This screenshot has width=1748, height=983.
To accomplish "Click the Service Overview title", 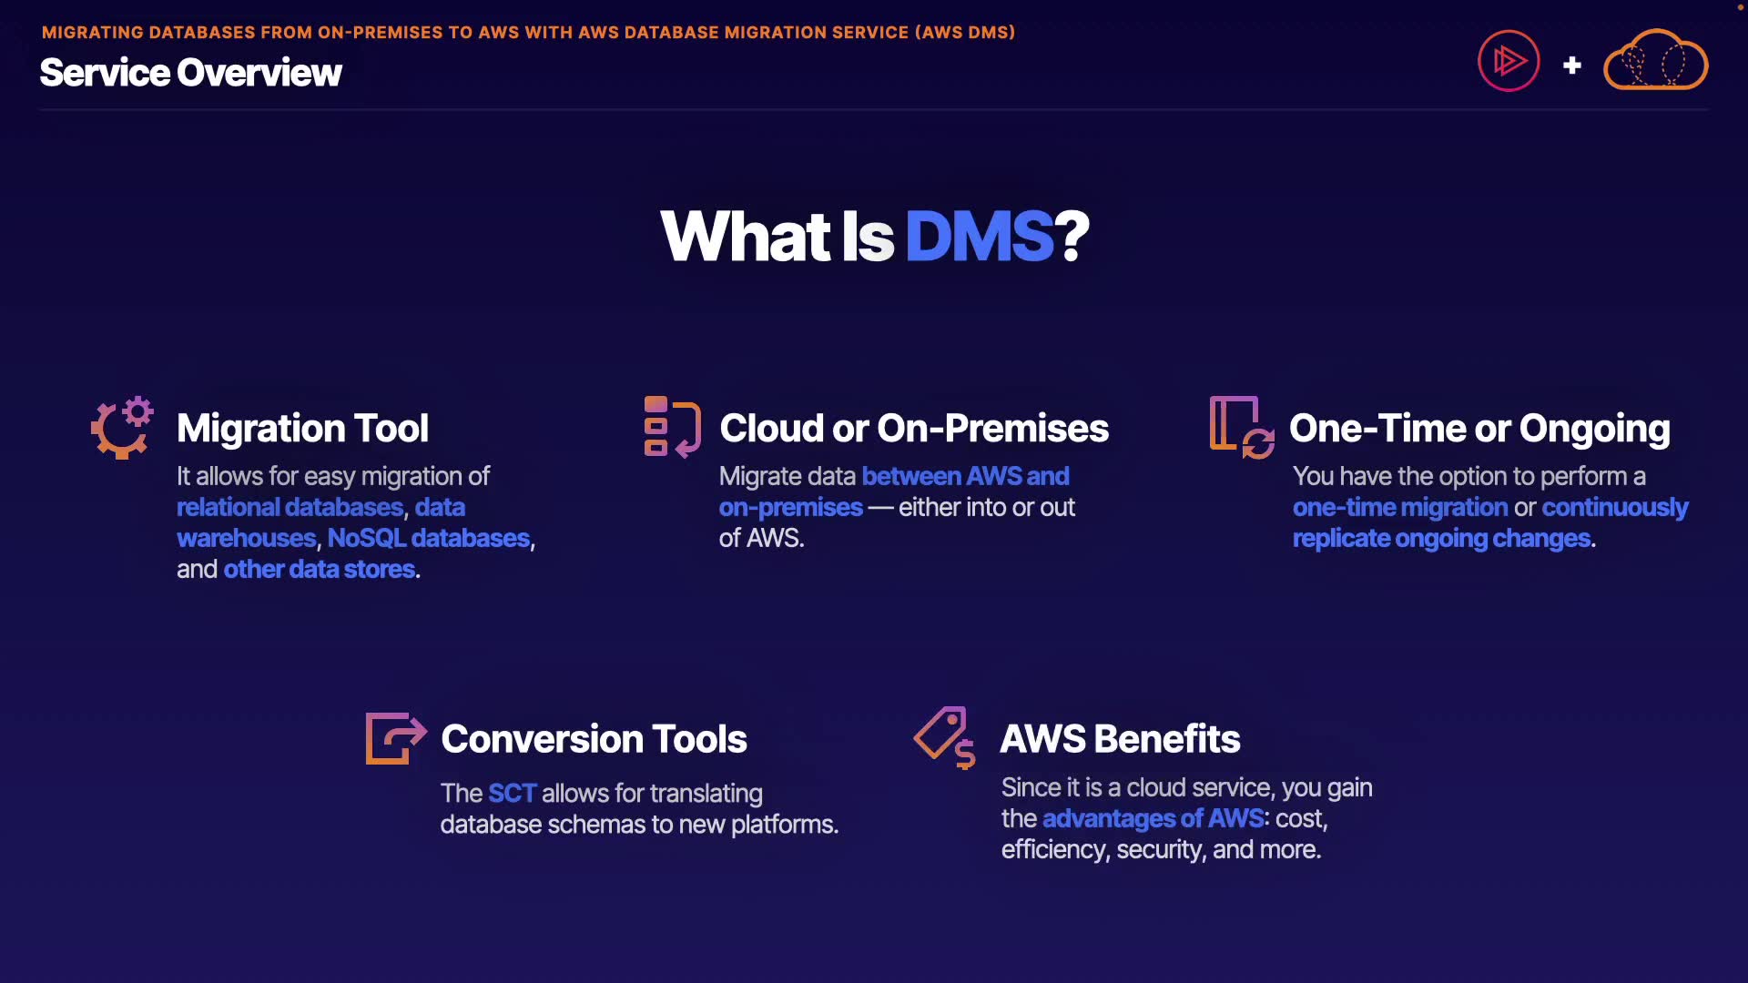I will [190, 73].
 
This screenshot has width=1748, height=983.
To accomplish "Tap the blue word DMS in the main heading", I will [979, 237].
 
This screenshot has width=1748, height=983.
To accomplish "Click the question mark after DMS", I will [1072, 237].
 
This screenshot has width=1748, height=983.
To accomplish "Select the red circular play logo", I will [1509, 62].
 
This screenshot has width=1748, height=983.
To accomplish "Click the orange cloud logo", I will [1655, 62].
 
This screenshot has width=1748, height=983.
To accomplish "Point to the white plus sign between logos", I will [1571, 66].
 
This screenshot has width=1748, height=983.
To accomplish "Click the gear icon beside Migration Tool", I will [122, 428].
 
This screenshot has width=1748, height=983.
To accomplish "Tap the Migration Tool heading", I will [302, 429].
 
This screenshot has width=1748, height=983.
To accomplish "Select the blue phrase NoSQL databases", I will [428, 538].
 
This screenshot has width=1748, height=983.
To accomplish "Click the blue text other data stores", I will [320, 569].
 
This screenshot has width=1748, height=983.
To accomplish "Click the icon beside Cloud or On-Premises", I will [672, 427].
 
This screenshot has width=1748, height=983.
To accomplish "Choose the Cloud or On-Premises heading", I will [914, 429].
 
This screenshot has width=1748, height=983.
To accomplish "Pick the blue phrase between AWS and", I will [965, 476].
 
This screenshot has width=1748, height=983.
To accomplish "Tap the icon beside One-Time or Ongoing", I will [1241, 427].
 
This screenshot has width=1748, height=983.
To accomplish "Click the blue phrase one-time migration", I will [1399, 507].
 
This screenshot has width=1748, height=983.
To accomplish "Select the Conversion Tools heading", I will [594, 739].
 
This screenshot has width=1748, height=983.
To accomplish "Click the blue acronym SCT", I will [512, 793].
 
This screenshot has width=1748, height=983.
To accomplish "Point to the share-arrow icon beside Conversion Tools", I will [395, 738].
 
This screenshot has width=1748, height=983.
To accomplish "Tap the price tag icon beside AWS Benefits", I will [945, 737].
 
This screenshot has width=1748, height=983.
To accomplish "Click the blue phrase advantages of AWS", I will [1153, 818].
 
